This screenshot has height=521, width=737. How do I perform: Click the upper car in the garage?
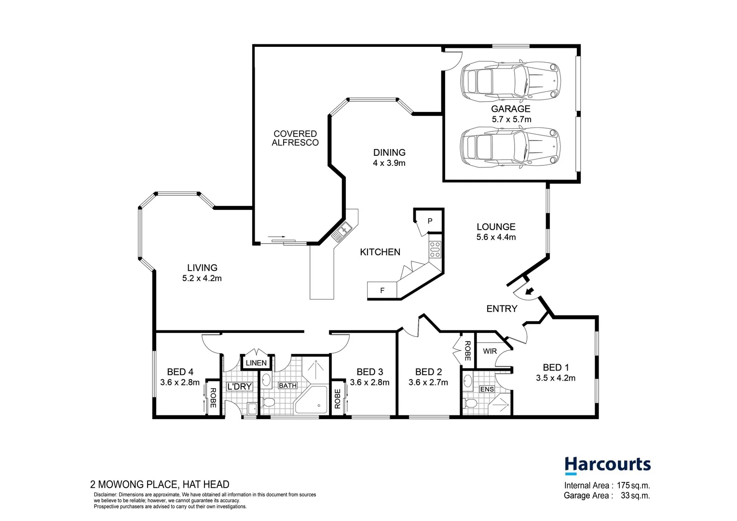pos(510,81)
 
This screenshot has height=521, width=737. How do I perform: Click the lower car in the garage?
pos(510,147)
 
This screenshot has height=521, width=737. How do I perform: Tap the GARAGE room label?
pos(510,109)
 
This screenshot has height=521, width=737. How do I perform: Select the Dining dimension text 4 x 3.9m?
pos(389,163)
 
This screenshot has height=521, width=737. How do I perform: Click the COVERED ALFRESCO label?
pos(295,138)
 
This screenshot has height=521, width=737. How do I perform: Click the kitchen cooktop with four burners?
pos(435,249)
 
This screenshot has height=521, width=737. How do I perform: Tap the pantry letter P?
pos(430,221)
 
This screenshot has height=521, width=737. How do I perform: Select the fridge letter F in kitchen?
pos(382,290)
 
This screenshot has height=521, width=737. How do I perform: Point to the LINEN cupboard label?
pos(256,363)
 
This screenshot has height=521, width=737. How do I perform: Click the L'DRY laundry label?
pos(239,386)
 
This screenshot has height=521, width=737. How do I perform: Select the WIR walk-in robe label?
pos(490,351)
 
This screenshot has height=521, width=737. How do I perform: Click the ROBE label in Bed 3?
pos(338,399)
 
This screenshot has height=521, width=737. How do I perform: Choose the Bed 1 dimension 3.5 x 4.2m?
pos(555,378)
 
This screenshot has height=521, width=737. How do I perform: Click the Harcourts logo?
pos(607,465)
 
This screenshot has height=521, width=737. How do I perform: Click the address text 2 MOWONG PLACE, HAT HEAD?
pos(160,484)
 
